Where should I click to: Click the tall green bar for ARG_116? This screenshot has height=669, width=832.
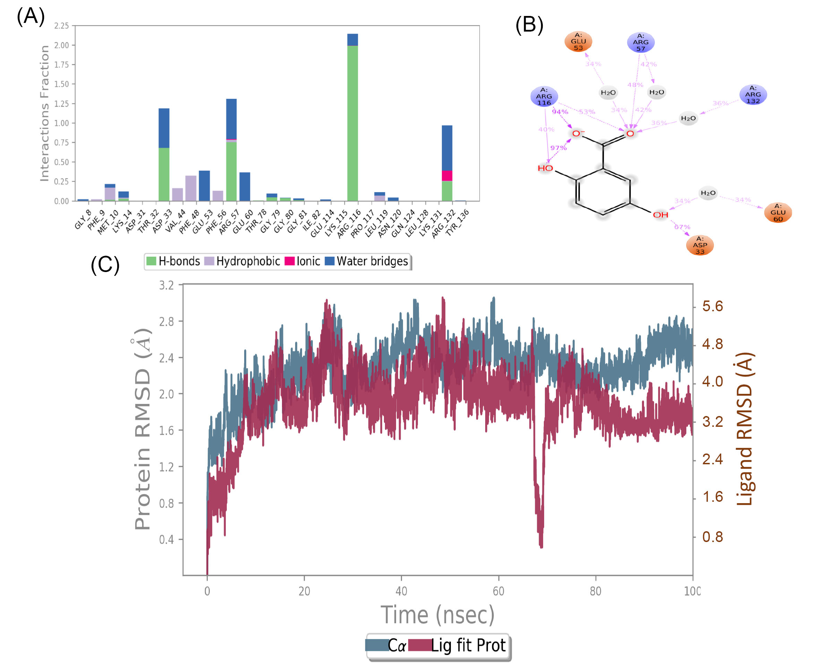[352, 124]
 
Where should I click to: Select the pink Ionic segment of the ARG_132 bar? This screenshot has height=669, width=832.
[447, 176]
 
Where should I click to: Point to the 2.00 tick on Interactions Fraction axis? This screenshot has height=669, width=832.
[61, 45]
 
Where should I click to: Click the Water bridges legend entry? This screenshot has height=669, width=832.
[367, 261]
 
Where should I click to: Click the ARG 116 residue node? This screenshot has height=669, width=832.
[544, 96]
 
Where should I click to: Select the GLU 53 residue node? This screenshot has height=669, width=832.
[578, 41]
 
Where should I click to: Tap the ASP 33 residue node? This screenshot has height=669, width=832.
[700, 245]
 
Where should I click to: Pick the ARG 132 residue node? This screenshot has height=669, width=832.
[753, 95]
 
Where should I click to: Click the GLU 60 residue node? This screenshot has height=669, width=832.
[778, 212]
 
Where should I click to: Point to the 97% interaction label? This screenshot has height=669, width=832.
[558, 148]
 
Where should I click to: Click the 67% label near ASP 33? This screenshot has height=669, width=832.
[682, 227]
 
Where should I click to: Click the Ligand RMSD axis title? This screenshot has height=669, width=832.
[744, 429]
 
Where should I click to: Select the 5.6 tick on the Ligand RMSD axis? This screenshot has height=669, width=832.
[712, 306]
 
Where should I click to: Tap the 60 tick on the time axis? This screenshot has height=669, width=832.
[498, 591]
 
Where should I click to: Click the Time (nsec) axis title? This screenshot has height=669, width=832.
[437, 615]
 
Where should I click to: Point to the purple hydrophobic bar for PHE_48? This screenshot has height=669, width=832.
[191, 188]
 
